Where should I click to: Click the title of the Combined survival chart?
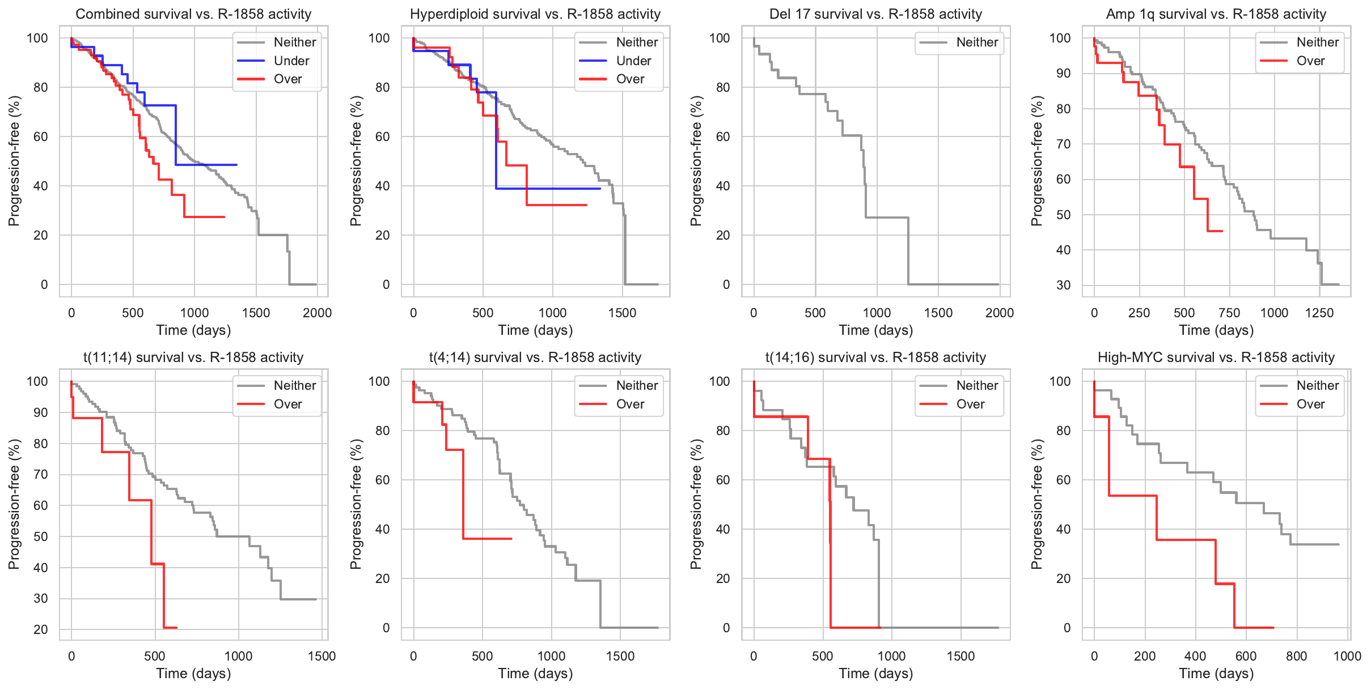193,14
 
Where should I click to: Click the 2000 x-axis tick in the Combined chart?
317,313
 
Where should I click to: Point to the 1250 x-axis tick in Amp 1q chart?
1319,313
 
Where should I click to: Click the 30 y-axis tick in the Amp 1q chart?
1064,285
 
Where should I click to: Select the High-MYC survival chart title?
1216,357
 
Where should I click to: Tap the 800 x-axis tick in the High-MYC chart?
1296,656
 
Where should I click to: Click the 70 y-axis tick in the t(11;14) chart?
41,474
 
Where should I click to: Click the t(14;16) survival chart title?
875,357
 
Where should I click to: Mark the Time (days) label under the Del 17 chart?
875,330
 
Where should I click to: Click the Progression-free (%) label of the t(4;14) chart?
356,504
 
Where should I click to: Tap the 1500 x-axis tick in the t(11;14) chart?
321,656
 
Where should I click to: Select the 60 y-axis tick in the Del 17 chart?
722,137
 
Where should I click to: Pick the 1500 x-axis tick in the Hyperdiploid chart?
622,313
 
